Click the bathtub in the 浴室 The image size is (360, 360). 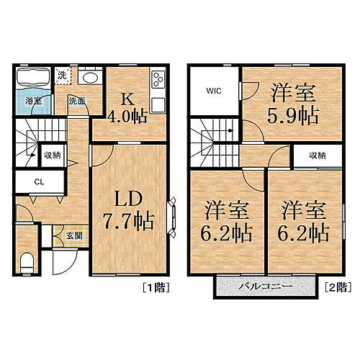click(32, 77)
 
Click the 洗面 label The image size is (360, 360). click(77, 102)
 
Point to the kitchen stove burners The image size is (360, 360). click(158, 80)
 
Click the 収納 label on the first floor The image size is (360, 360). click(52, 154)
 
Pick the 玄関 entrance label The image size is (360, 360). click(64, 233)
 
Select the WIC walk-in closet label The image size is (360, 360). click(215, 91)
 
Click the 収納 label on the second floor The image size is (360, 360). click(317, 155)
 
